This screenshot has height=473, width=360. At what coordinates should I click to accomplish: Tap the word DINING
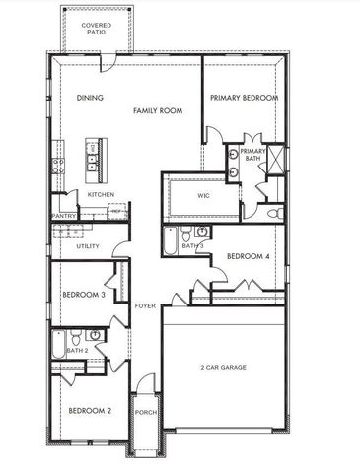click(x=91, y=98)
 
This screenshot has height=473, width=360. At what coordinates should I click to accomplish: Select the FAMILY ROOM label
click(x=159, y=112)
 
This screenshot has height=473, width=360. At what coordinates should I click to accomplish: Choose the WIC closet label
click(x=203, y=195)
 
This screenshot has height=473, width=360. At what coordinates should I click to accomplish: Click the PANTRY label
click(x=64, y=215)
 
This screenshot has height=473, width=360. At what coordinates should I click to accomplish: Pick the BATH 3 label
click(x=192, y=245)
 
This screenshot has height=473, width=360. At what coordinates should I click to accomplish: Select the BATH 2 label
click(x=77, y=350)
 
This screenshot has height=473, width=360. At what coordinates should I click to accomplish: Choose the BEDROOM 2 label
click(x=89, y=410)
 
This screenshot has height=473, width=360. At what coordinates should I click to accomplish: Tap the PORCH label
click(x=146, y=412)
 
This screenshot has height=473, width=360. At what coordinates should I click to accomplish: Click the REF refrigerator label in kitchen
click(x=117, y=210)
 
